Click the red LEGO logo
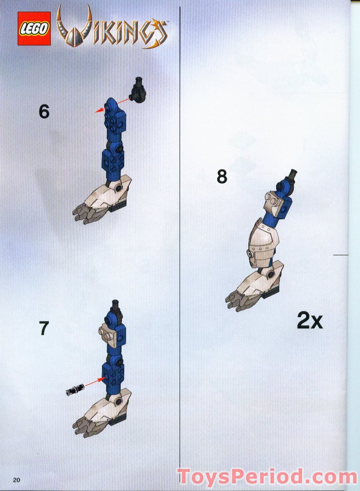click(x=34, y=29)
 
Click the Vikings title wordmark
click(x=112, y=28)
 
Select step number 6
click(x=44, y=112)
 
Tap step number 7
click(x=44, y=328)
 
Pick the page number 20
click(x=16, y=480)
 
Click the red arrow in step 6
click(x=112, y=104)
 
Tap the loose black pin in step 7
click(x=75, y=389)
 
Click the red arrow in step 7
click(x=95, y=383)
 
